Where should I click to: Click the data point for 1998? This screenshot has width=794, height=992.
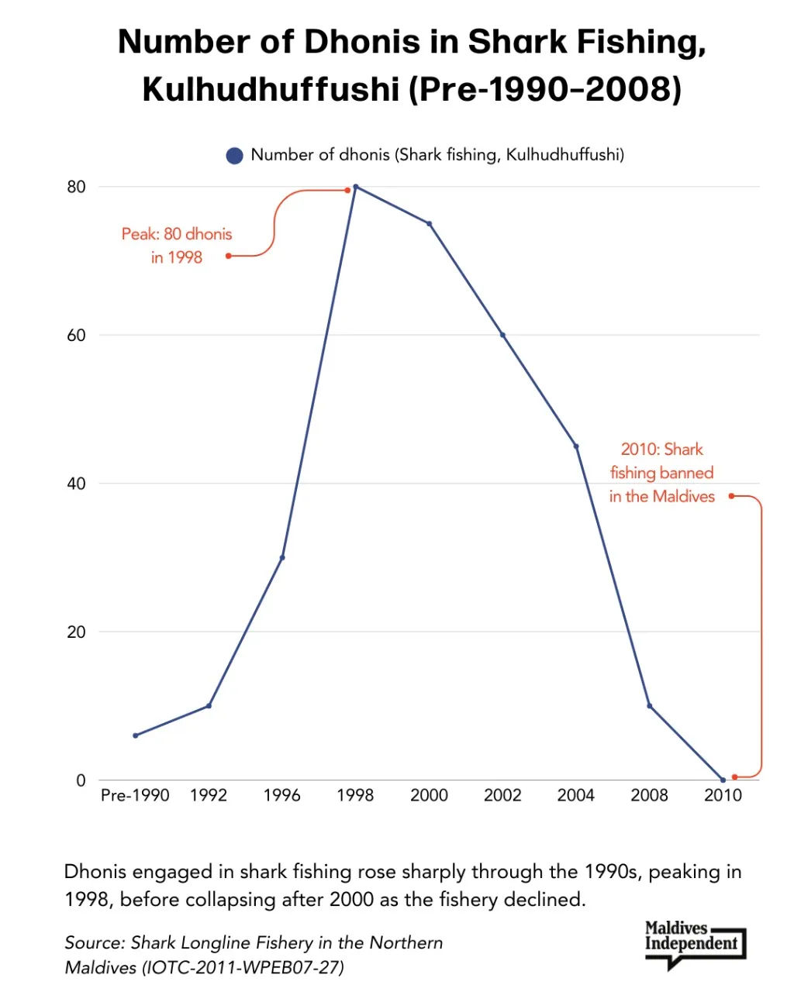pos(355,187)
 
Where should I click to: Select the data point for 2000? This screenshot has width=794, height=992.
pos(429,224)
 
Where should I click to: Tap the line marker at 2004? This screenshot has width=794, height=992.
pos(576,446)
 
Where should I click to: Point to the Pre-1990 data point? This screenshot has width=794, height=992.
pos(135,735)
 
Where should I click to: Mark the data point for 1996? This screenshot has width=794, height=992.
pos(282,557)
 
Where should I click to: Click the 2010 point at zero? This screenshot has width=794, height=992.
pos(723,780)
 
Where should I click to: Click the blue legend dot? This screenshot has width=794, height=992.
pos(234,156)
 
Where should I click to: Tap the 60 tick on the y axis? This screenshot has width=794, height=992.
pos(75,336)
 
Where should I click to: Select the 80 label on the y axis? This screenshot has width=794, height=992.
pos(75,187)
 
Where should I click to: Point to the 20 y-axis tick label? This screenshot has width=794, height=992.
pos(75,632)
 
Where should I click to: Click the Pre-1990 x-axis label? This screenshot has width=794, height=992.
pos(135,795)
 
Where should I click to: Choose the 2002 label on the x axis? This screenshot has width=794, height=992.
pos(502,795)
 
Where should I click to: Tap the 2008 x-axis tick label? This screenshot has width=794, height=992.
pos(649,795)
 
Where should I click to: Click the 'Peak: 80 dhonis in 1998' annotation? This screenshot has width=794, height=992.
pos(177,246)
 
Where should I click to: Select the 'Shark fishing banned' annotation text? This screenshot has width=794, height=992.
pos(661,473)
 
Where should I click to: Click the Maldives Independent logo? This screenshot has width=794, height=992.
pos(693,943)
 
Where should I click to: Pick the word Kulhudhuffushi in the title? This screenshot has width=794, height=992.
pos(271,89)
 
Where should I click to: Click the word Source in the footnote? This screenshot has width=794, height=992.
pos(93,943)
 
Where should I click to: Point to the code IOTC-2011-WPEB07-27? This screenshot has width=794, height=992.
pos(243,967)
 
